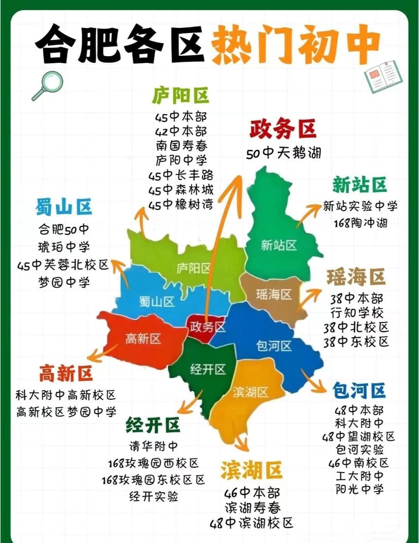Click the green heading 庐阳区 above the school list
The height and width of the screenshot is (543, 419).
click(x=180, y=95)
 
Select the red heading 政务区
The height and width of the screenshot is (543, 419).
click(x=282, y=129)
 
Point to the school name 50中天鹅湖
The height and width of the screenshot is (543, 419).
click(x=284, y=153)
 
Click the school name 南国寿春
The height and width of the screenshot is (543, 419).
click(x=182, y=146)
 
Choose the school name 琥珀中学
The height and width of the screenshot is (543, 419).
click(x=64, y=247)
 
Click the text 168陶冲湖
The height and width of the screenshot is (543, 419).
click(x=360, y=223)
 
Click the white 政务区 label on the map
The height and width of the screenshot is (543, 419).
click(x=208, y=327)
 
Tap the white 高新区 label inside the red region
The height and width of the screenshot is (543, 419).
click(x=143, y=339)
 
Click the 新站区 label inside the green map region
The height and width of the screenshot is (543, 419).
click(x=279, y=245)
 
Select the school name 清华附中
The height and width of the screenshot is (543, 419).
click(x=154, y=446)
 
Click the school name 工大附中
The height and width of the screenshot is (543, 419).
click(x=359, y=476)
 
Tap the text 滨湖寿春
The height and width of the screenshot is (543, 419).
click(x=252, y=508)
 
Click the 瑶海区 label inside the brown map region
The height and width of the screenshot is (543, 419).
click(x=274, y=294)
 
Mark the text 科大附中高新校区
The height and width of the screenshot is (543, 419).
click(x=66, y=395)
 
